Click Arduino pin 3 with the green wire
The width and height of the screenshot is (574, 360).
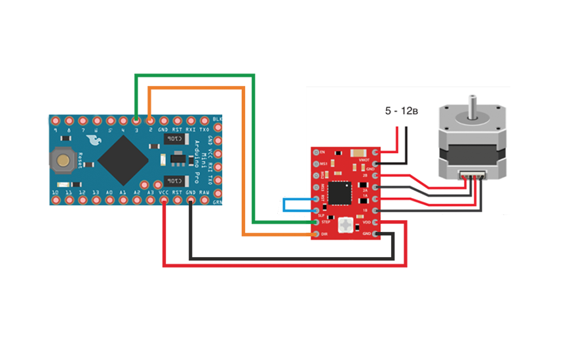coord(136,121)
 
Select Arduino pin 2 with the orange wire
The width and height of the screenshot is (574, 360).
coord(150,121)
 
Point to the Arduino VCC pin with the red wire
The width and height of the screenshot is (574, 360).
coord(163,200)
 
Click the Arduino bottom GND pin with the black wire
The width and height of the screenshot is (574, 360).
coord(190,200)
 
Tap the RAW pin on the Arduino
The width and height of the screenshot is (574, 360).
coord(204,200)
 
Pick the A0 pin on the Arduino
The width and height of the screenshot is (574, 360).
coord(109,200)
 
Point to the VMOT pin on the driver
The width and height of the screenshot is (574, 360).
coord(376,151)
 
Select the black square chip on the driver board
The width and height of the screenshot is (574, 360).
coord(339,193)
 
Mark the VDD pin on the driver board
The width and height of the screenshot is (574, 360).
coord(376,222)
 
